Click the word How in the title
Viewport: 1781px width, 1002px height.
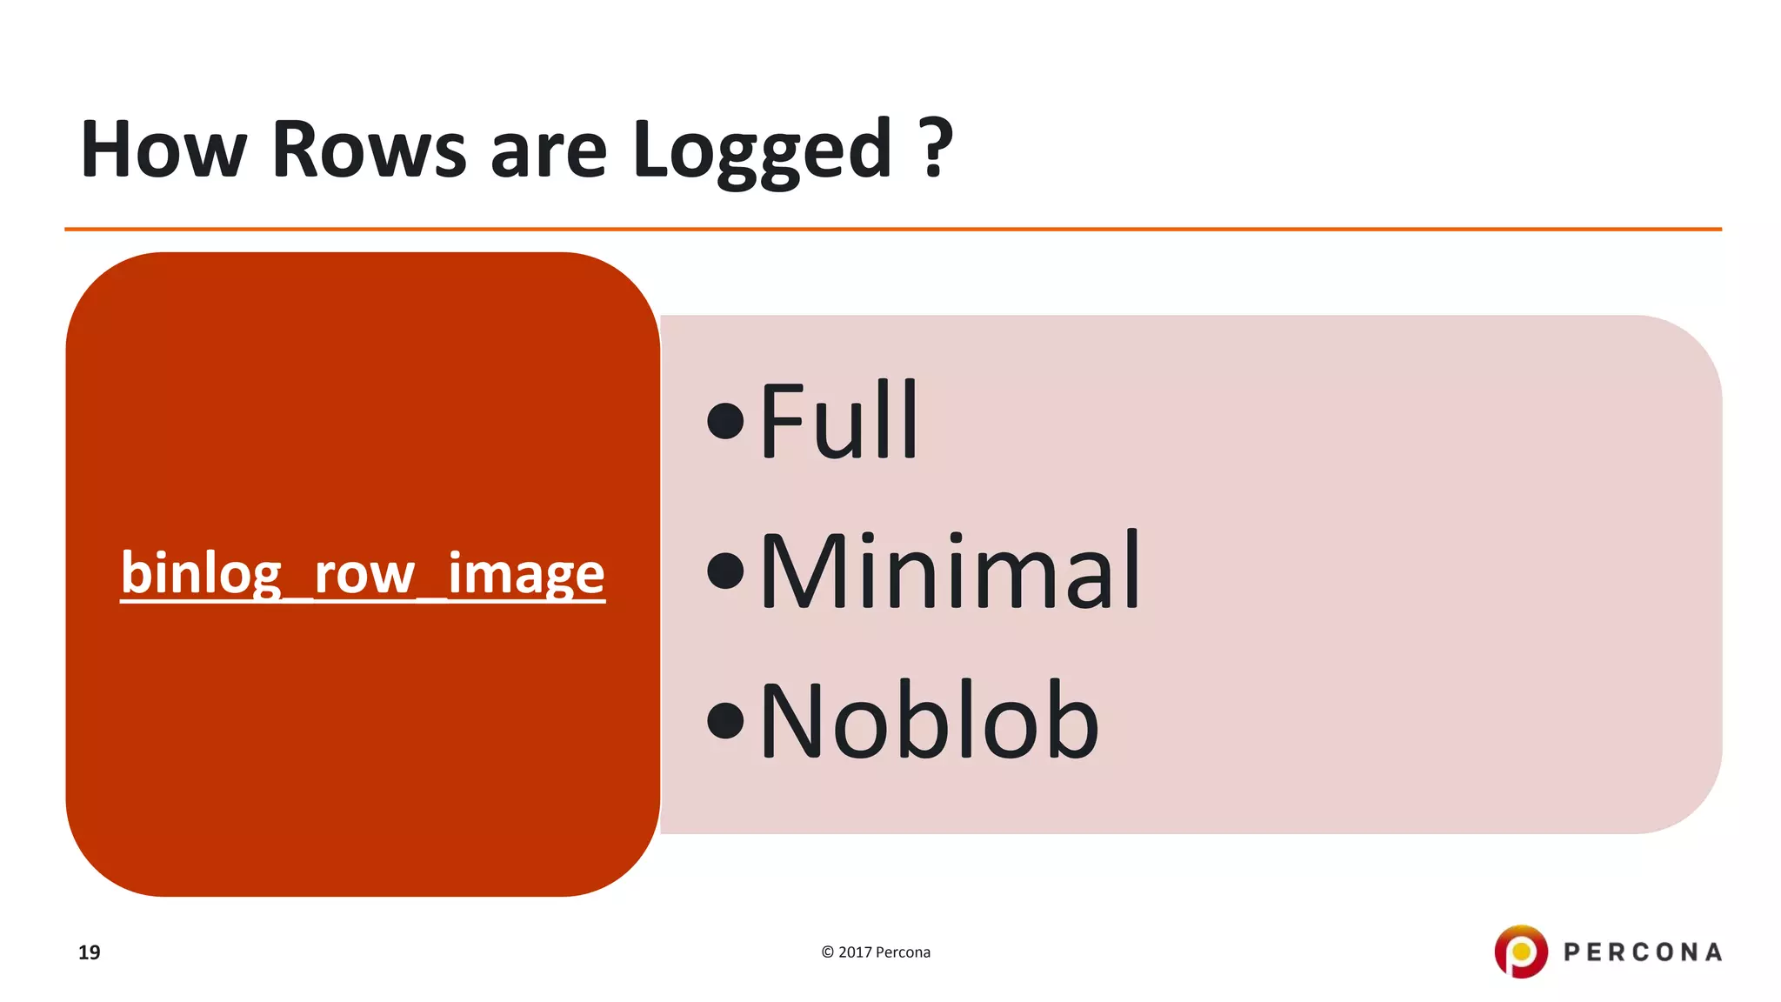click(x=163, y=150)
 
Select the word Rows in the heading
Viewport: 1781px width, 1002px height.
click(x=370, y=150)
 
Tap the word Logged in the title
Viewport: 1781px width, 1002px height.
click(x=763, y=151)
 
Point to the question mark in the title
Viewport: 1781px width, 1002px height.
click(x=936, y=148)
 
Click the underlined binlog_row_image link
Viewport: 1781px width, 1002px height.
click(x=363, y=573)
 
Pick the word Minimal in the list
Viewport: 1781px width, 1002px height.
click(x=950, y=571)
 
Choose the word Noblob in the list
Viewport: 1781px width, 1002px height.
click(x=929, y=721)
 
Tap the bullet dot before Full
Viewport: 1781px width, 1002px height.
click(x=725, y=422)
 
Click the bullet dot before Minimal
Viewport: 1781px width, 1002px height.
click(x=725, y=571)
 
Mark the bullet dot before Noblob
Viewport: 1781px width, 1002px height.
click(x=725, y=721)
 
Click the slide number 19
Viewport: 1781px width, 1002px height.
click(x=89, y=952)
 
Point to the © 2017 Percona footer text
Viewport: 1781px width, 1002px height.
click(x=876, y=952)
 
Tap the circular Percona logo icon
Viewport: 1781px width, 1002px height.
click(x=1520, y=952)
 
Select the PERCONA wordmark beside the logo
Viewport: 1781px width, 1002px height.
click(x=1643, y=952)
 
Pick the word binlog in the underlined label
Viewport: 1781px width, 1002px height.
click(x=201, y=573)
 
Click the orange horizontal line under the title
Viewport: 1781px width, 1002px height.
click(x=892, y=229)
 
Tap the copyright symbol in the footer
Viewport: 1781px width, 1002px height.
click(x=827, y=952)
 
